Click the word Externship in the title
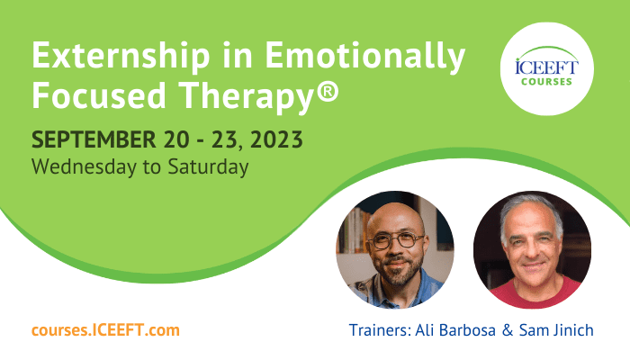(121, 56)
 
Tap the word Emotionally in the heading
(364, 56)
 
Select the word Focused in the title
(99, 94)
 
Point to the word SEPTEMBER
(94, 139)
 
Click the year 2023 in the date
(276, 139)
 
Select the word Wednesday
(84, 166)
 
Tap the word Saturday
(208, 166)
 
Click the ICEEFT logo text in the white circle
(547, 67)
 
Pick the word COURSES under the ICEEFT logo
(546, 82)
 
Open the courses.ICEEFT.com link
(105, 330)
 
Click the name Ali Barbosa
(455, 330)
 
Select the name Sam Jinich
(556, 330)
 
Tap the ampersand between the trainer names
(508, 330)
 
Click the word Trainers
(380, 330)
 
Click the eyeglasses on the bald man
(397, 240)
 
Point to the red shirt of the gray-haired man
(535, 292)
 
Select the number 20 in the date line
(176, 139)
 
